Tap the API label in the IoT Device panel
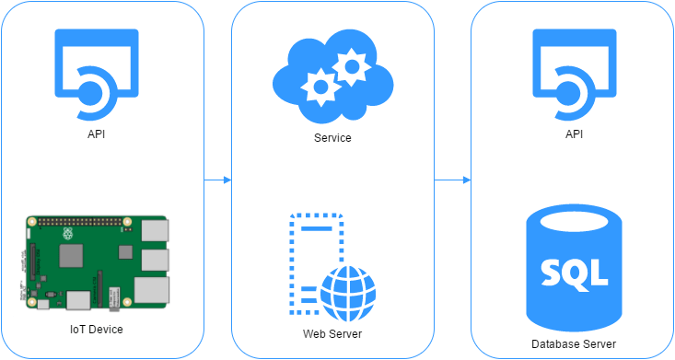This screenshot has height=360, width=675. (97, 134)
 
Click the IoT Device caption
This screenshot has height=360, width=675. (97, 329)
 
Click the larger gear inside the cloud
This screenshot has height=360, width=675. (351, 65)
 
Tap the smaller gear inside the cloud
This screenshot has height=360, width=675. (320, 87)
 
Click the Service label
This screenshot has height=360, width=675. (332, 138)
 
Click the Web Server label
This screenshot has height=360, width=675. (332, 333)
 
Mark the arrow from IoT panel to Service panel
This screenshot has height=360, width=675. (218, 180)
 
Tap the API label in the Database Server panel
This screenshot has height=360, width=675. (575, 134)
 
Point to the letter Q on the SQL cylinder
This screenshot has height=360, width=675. (573, 272)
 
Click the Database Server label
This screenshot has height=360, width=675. (574, 344)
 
